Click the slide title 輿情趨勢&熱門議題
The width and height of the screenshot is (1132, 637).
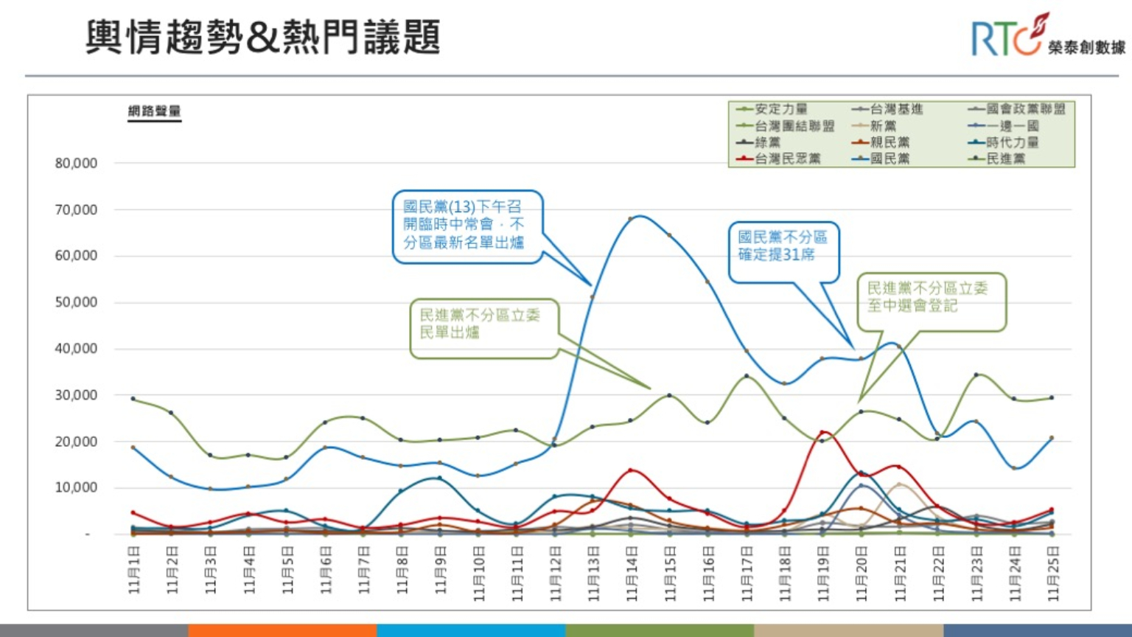262,38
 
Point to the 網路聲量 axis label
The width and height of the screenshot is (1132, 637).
154,111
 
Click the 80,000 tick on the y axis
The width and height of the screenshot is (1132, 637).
76,163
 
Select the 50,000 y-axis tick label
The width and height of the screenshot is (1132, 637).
76,302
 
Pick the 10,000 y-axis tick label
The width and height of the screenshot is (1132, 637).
76,487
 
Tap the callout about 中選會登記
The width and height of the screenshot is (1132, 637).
930,297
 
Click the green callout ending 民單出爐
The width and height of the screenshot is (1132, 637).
483,324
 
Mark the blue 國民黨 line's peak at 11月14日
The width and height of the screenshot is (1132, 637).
632,219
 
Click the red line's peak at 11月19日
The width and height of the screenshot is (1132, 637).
823,433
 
